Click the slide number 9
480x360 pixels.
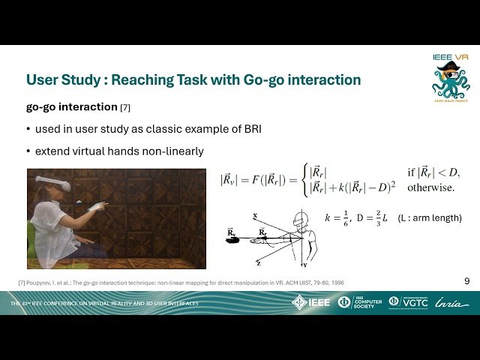(467, 281)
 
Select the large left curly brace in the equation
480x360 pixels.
(302, 180)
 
